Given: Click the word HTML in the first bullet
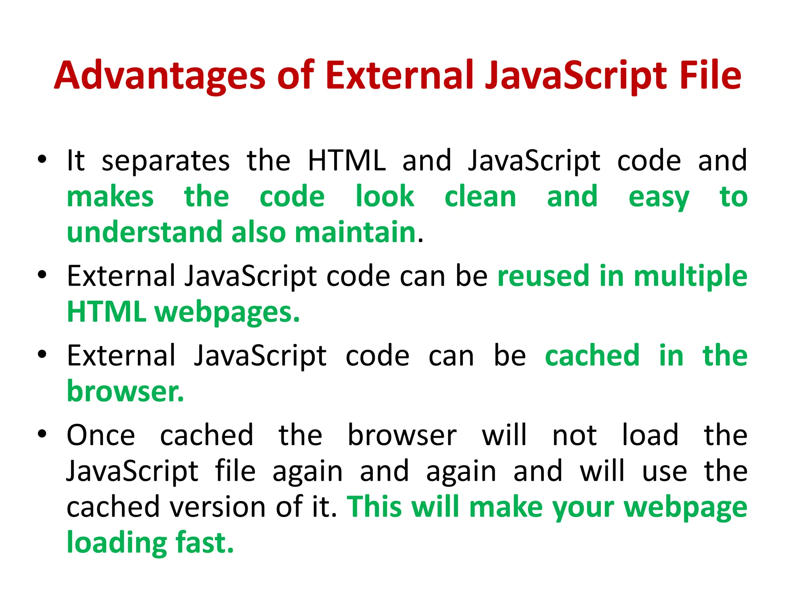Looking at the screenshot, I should click(x=347, y=161).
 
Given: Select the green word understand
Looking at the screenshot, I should click(x=145, y=232).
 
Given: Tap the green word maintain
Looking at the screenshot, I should click(x=355, y=232).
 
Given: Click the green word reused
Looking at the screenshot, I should click(x=543, y=276).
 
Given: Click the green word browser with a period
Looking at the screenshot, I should click(x=125, y=391).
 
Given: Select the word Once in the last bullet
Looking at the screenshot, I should click(x=101, y=435).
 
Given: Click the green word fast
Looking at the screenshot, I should click(x=204, y=543).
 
